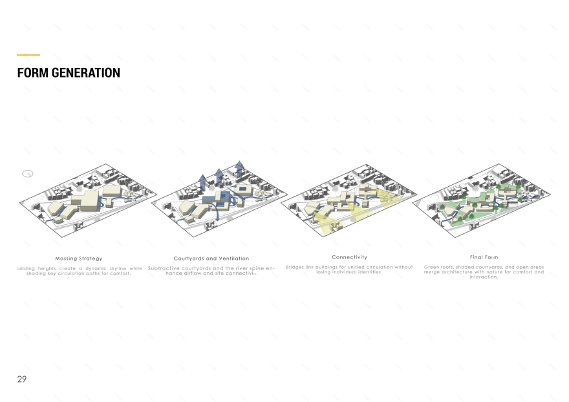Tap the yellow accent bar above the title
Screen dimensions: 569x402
coord(28,55)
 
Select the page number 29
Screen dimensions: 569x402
coord(22,379)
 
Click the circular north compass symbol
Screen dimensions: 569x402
coord(27,173)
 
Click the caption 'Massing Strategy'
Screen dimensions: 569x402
coord(79,259)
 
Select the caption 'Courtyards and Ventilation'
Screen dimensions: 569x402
coord(211,259)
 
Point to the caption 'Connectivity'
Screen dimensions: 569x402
coord(349,257)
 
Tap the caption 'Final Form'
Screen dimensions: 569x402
coord(484,257)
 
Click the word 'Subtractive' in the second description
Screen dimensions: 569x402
coord(164,268)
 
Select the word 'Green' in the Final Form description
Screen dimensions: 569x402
coord(431,267)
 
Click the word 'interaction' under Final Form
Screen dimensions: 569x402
coord(484,277)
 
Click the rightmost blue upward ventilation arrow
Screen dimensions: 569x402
coord(240,169)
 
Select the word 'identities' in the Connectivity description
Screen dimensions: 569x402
coord(369,272)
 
